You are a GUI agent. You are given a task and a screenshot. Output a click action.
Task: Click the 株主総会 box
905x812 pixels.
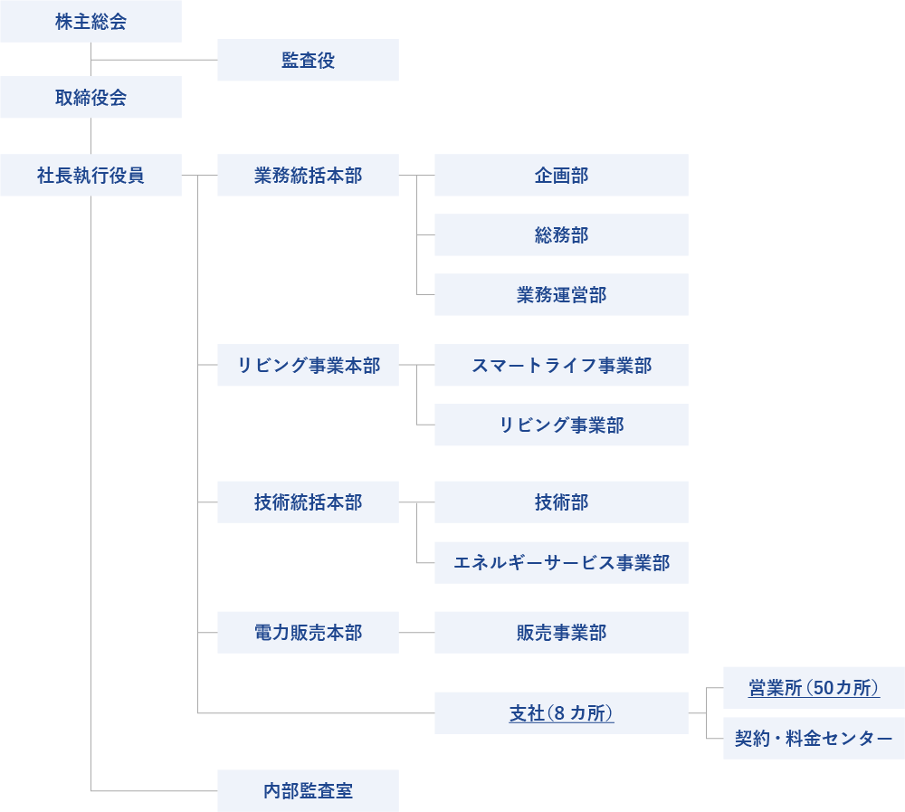click(x=90, y=22)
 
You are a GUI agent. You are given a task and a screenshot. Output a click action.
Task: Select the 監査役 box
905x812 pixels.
click(x=308, y=61)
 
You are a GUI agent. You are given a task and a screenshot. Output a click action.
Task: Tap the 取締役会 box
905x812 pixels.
click(x=90, y=98)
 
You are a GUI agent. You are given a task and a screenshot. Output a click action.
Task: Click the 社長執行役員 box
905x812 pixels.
click(x=90, y=176)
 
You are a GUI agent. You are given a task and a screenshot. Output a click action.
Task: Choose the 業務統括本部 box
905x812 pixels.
click(x=308, y=176)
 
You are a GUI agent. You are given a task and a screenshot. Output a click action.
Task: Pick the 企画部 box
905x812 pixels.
click(x=561, y=176)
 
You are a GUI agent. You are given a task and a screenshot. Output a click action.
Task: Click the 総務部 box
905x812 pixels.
click(x=561, y=235)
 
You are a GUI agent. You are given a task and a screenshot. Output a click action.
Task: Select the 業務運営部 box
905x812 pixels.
click(x=561, y=295)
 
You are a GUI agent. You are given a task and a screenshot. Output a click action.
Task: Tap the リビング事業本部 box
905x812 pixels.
click(x=308, y=366)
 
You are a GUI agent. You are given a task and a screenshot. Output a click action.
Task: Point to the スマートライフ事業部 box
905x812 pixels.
click(x=561, y=366)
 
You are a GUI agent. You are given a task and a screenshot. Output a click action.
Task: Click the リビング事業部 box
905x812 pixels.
click(x=561, y=425)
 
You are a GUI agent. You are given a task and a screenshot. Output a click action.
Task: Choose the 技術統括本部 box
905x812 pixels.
click(x=308, y=502)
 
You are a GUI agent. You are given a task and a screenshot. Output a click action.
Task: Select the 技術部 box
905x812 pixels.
click(x=561, y=502)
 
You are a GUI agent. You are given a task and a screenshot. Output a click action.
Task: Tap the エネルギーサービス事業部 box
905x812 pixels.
click(x=561, y=563)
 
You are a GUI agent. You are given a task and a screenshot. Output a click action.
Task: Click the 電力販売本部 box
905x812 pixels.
click(x=308, y=633)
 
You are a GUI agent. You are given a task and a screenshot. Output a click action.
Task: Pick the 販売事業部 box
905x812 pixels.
click(x=561, y=633)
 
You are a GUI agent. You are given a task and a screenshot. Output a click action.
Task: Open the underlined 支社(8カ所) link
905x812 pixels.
click(x=561, y=713)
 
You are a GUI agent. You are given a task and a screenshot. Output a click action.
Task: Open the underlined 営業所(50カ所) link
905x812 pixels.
click(x=814, y=688)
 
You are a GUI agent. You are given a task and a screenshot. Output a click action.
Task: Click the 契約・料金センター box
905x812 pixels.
click(x=814, y=739)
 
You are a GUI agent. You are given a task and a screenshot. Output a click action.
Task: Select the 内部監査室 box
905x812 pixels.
click(x=308, y=791)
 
